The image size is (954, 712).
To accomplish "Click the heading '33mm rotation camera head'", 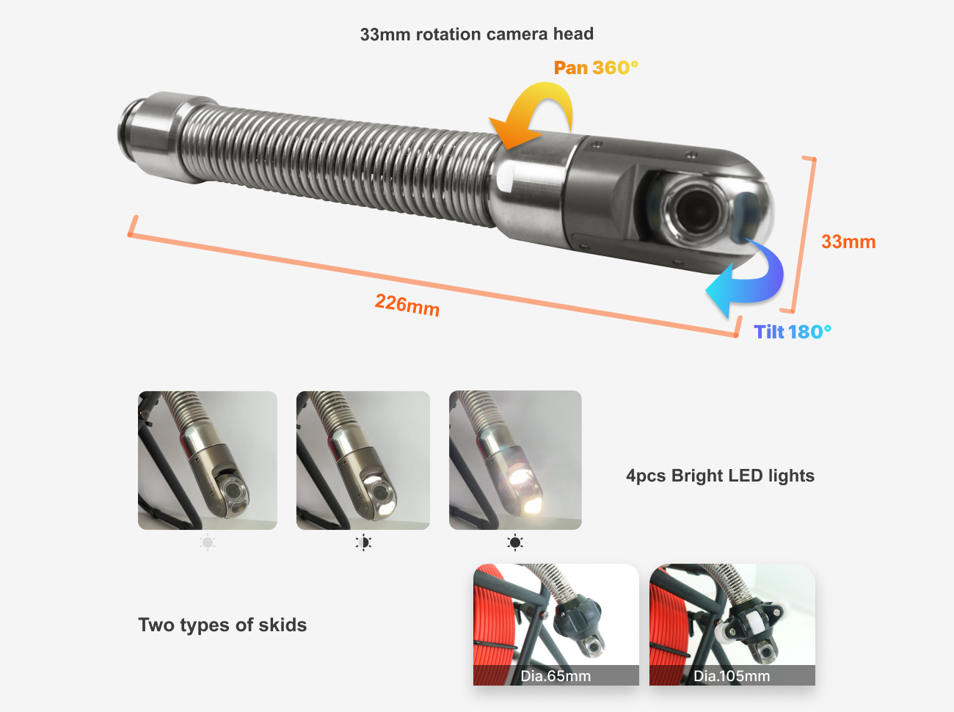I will [x=476, y=34].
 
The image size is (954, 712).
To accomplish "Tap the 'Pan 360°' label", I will [x=595, y=68].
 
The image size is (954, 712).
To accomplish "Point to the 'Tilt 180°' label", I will [x=793, y=333].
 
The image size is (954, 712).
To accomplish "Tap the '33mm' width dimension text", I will [x=848, y=242].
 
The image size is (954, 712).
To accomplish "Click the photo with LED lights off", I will [x=208, y=460].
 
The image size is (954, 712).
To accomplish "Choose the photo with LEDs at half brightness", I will [x=363, y=460].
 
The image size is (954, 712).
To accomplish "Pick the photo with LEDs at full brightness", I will [x=515, y=460].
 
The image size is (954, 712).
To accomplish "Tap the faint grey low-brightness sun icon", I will [x=208, y=543].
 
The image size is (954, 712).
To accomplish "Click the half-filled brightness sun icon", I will [x=363, y=543].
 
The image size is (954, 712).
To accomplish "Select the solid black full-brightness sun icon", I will [x=515, y=543].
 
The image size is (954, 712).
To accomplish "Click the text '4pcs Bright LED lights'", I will [x=720, y=476].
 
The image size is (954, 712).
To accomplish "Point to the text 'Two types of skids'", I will [x=222, y=625].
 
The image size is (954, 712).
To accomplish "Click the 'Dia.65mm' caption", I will [x=556, y=676].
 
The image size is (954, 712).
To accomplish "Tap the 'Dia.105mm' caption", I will [x=732, y=676].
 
